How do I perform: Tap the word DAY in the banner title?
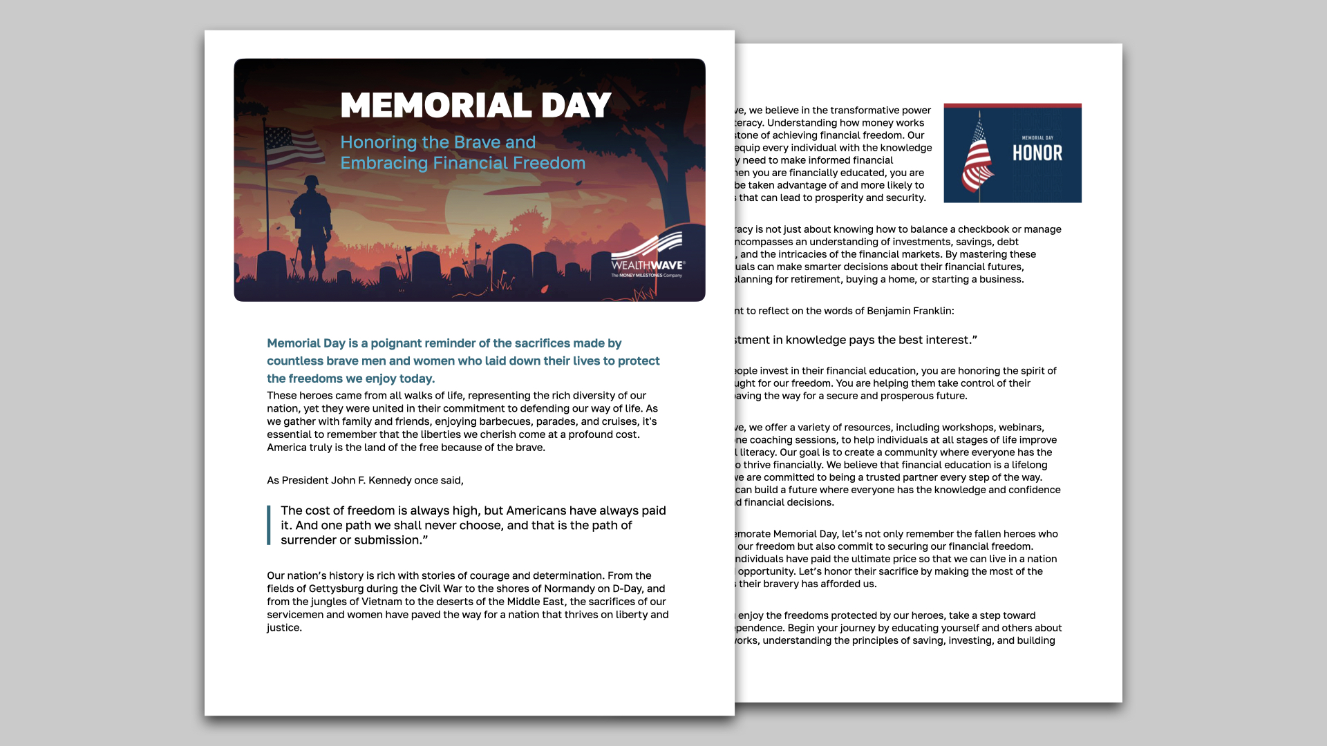pos(576,106)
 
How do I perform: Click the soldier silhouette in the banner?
pos(312,221)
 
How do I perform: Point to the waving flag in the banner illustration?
pos(293,146)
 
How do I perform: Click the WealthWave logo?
pos(648,256)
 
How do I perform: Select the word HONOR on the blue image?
pos(1037,153)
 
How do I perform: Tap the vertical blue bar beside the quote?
pos(269,526)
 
